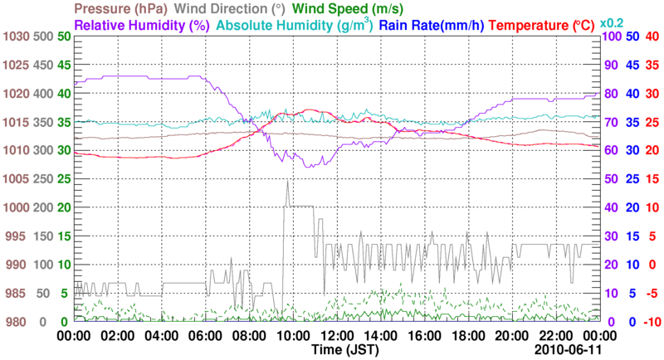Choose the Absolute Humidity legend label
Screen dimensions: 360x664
click(294, 25)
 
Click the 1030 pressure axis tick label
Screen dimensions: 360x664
click(17, 36)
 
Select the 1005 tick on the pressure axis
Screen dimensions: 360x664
click(17, 179)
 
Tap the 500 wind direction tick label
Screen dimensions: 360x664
click(43, 36)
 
